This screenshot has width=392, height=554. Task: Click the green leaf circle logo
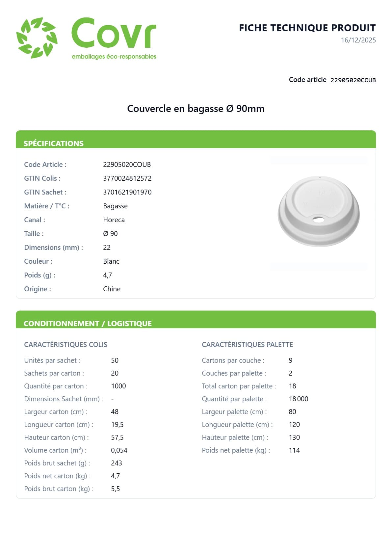point(37,38)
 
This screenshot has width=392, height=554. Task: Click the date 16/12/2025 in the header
point(358,40)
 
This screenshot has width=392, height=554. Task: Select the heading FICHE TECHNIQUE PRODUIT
point(307,28)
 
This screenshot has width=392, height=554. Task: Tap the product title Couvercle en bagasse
point(196,109)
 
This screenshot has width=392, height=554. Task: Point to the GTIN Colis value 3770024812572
point(127,178)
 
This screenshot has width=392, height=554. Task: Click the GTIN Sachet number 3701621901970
point(127,192)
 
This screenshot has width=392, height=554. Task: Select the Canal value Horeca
point(114,220)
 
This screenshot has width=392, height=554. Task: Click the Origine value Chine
point(112,289)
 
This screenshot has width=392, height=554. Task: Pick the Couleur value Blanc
point(111,261)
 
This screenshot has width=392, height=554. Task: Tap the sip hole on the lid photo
point(318,220)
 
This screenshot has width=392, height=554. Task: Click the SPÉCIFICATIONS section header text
point(54,144)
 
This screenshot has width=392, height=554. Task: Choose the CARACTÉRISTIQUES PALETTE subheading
point(247,345)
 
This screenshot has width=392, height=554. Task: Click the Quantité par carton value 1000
point(118,386)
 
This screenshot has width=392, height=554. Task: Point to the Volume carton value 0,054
point(119,450)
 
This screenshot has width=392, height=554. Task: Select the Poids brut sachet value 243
point(117,463)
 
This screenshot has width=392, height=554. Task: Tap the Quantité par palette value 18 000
point(299,399)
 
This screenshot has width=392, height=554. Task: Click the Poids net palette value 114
point(294,450)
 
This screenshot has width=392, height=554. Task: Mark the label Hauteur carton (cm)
point(56,437)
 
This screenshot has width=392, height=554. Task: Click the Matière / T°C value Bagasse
point(115,206)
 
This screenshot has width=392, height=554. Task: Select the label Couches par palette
point(234,373)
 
